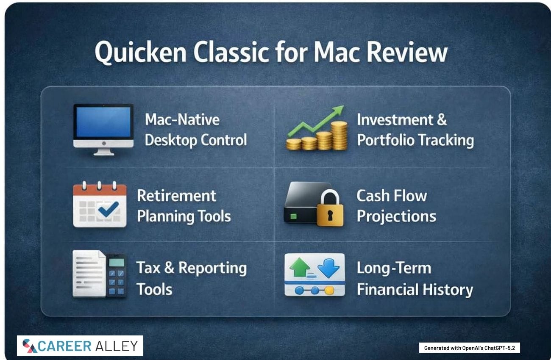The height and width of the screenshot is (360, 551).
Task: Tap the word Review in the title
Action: point(407,53)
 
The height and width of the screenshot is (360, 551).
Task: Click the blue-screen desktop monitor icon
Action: point(103,130)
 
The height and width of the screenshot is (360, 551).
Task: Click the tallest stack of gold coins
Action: point(339,136)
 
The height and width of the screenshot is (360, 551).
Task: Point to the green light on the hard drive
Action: point(293,216)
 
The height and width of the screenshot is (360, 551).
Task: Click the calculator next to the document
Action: point(117,275)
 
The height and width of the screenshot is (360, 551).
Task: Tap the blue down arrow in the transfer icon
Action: point(328,268)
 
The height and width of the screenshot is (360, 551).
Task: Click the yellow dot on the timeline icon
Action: point(329,291)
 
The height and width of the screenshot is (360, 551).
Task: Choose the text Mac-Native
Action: point(182,119)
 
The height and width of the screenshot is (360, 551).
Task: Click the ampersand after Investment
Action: point(442,119)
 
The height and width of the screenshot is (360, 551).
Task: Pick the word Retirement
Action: point(176,196)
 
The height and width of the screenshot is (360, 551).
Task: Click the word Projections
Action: point(396,217)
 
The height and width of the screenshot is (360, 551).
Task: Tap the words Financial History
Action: point(415,290)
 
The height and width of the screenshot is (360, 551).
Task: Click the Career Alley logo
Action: point(80,346)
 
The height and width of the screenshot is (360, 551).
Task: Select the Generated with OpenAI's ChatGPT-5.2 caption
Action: point(469,348)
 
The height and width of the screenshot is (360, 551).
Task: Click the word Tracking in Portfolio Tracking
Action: point(446,140)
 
